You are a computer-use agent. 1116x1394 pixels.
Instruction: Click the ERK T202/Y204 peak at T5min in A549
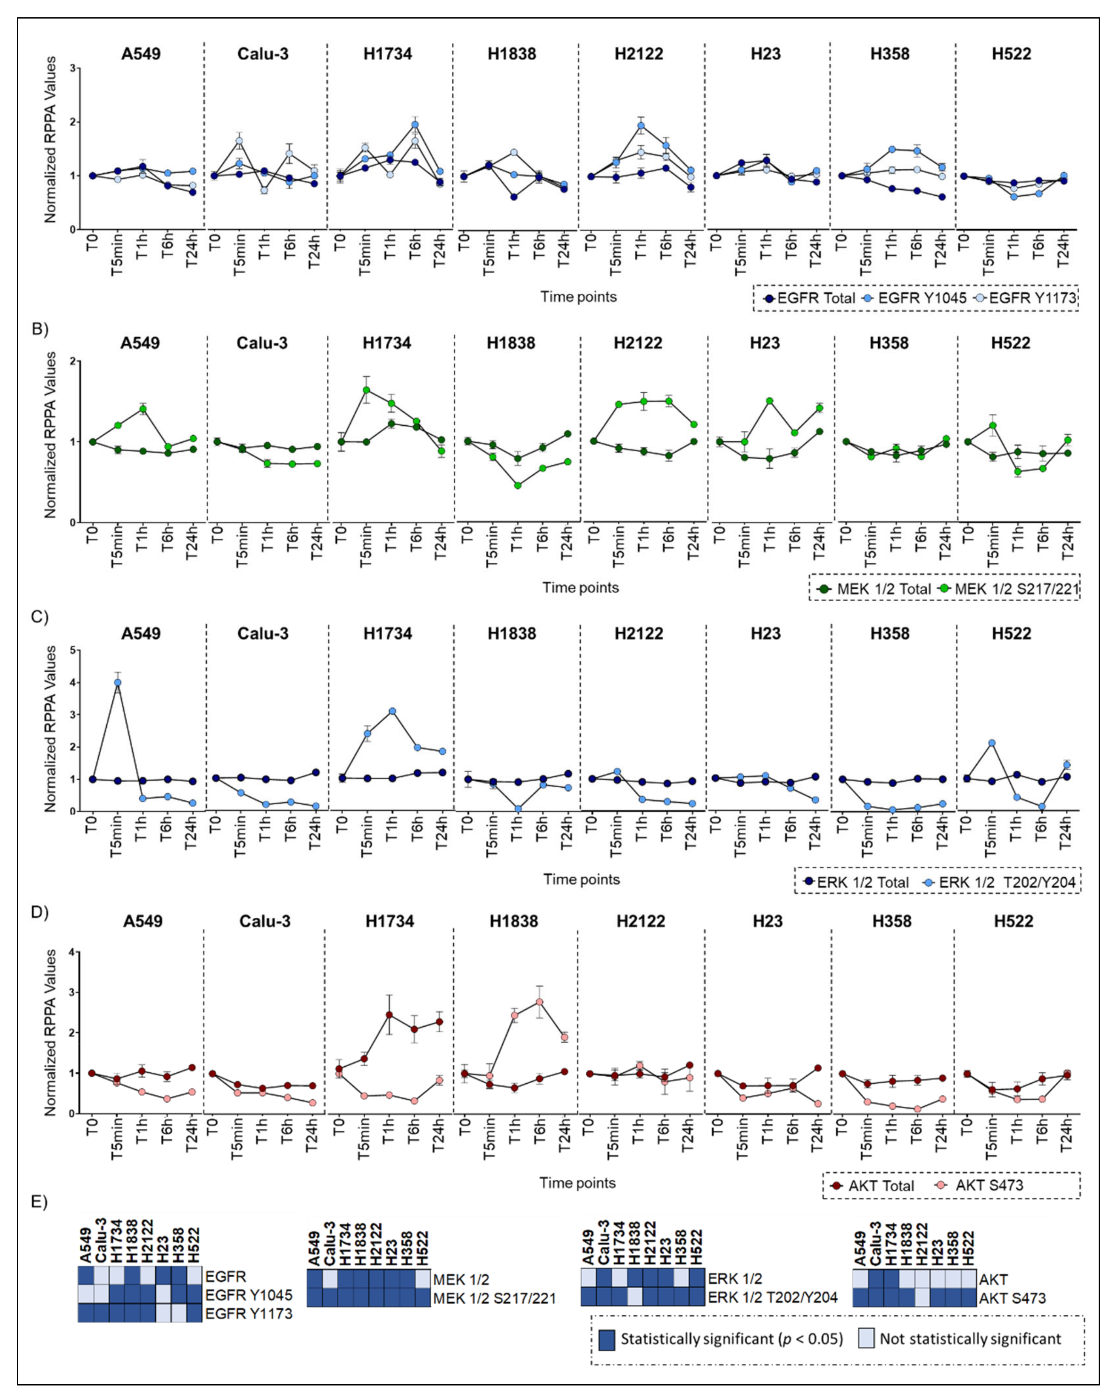point(117,682)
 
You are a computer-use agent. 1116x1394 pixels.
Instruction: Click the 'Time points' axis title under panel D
point(577,1183)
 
